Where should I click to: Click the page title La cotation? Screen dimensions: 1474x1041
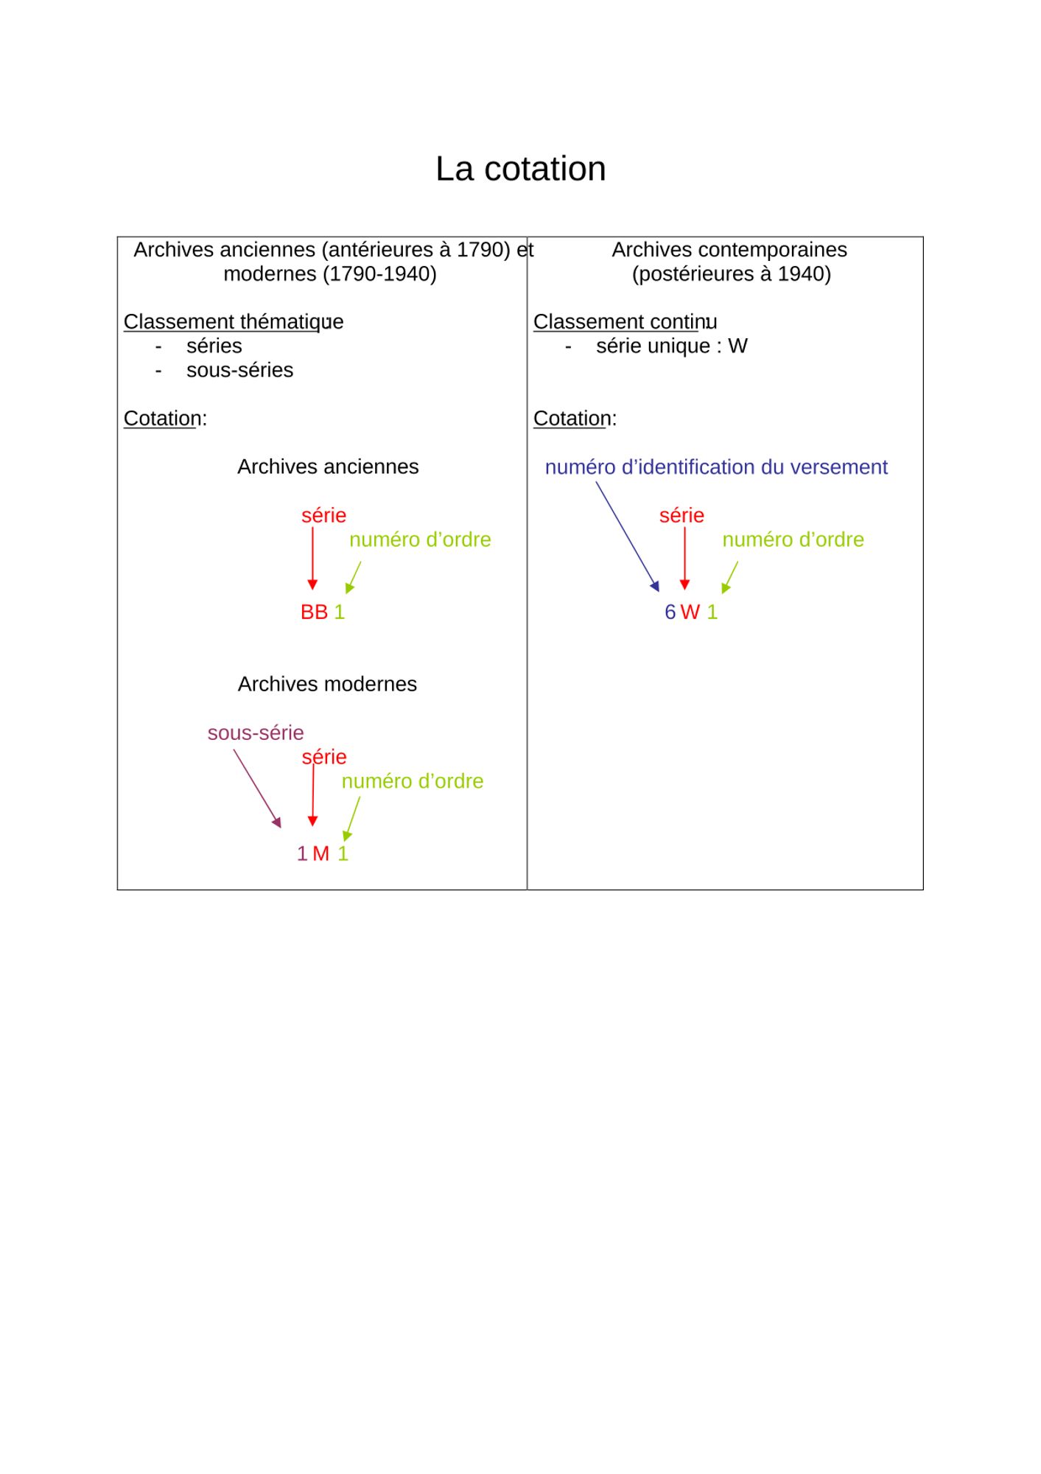(520, 169)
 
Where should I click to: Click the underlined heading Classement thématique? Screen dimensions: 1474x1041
(233, 322)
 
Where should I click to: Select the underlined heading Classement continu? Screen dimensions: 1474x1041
(624, 322)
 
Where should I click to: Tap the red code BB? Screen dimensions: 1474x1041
(314, 612)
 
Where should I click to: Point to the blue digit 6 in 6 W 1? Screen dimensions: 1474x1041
(670, 612)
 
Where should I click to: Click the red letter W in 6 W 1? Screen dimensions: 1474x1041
(690, 612)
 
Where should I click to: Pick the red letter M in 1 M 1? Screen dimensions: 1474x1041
(320, 853)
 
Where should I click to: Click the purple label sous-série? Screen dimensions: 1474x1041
(255, 733)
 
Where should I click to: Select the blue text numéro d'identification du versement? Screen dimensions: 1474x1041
(715, 467)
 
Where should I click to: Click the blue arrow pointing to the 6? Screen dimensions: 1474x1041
(627, 536)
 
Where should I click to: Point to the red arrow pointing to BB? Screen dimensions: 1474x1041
(312, 558)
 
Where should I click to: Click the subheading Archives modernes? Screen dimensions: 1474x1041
(327, 684)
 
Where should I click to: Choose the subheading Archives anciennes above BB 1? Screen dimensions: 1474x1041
(328, 467)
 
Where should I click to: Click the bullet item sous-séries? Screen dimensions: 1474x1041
(239, 370)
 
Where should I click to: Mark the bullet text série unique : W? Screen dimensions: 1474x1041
(671, 346)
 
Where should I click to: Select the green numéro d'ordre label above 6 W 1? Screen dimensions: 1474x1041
(793, 539)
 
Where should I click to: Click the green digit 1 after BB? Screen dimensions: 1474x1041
(340, 612)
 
